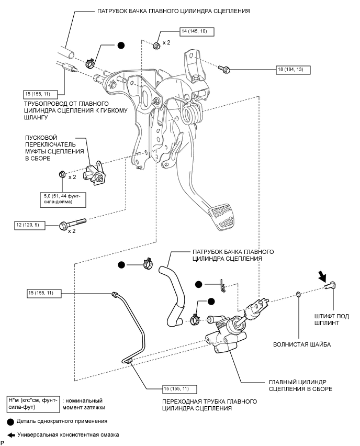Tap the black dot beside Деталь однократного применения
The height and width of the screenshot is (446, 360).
pos(10,421)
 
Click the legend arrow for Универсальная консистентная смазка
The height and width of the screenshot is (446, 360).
pos(10,434)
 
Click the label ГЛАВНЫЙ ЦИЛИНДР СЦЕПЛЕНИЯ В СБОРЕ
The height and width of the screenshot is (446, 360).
pos(300,386)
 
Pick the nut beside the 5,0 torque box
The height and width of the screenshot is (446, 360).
pos(62,174)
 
